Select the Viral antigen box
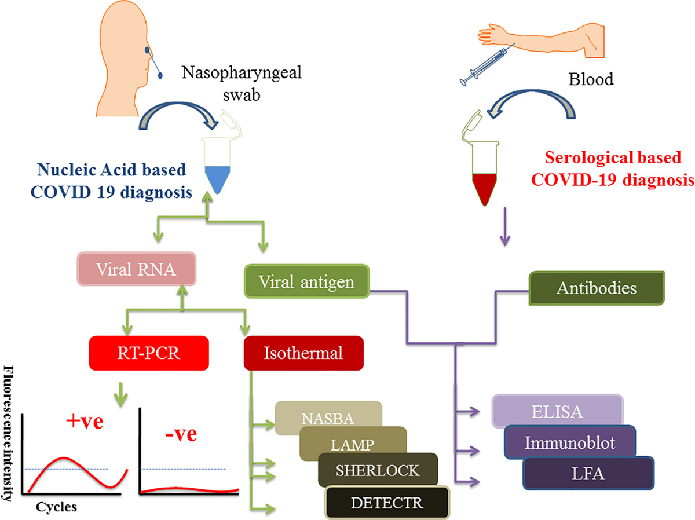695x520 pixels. [x=306, y=282]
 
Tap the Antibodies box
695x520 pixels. [x=597, y=287]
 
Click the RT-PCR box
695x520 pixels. [x=148, y=353]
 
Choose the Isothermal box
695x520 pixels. [x=304, y=353]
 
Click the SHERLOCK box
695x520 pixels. [x=378, y=470]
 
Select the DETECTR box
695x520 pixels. [x=387, y=502]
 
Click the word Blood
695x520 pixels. [x=592, y=79]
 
